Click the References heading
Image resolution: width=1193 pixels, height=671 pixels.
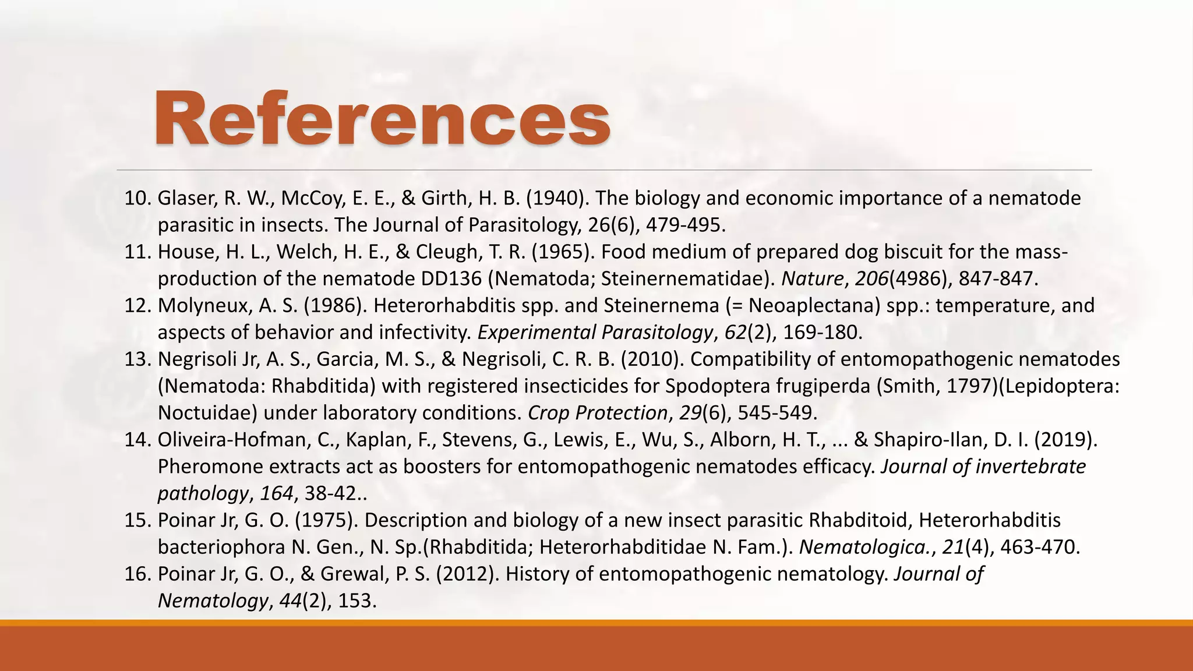coord(382,119)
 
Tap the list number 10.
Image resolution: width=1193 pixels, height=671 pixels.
coord(137,199)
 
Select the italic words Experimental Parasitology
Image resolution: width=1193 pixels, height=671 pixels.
coord(595,333)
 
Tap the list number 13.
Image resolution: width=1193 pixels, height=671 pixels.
coord(137,359)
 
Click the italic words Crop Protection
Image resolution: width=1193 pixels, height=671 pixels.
coord(597,413)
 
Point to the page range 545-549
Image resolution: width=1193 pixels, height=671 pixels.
coord(778,413)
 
